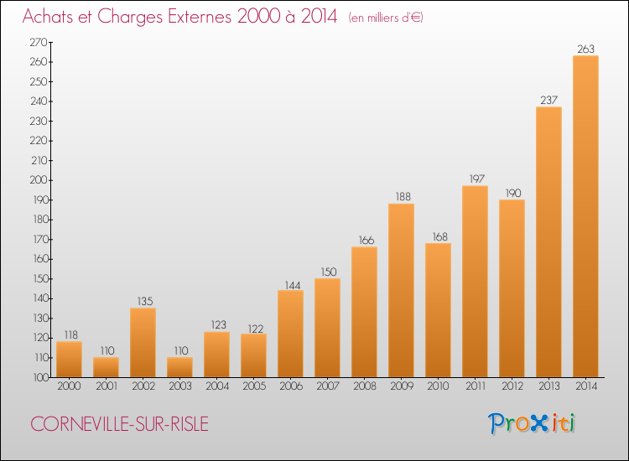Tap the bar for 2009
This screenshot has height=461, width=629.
(401, 290)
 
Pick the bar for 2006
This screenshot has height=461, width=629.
(290, 334)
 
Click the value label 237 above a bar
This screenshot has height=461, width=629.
(548, 101)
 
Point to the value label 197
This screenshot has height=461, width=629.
(475, 179)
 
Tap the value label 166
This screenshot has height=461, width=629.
(364, 241)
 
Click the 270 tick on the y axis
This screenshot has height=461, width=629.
(38, 42)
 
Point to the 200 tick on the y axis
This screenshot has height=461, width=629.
(38, 180)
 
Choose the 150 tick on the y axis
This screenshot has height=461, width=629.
(38, 279)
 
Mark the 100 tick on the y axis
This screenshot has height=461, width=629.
(38, 377)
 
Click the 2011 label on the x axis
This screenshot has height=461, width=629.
(475, 386)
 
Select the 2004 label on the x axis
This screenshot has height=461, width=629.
(216, 386)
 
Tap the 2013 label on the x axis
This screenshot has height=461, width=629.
(548, 386)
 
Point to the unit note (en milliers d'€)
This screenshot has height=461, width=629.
(386, 18)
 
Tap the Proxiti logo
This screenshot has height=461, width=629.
(532, 423)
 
